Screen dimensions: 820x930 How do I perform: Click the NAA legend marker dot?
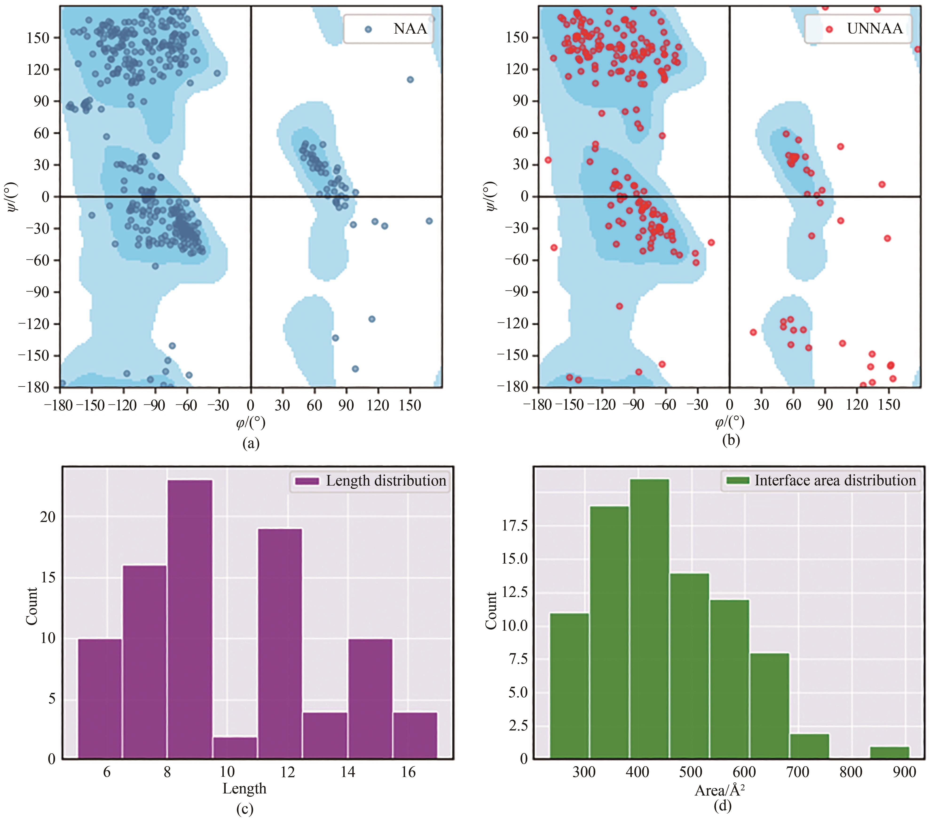pos(368,29)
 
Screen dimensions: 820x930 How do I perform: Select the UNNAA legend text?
pos(875,29)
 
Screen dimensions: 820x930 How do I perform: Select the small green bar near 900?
pos(890,752)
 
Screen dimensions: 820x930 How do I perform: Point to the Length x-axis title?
pos(244,788)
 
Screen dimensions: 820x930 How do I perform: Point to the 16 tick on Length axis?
pos(408,772)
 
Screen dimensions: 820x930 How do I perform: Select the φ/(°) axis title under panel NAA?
pos(251,423)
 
